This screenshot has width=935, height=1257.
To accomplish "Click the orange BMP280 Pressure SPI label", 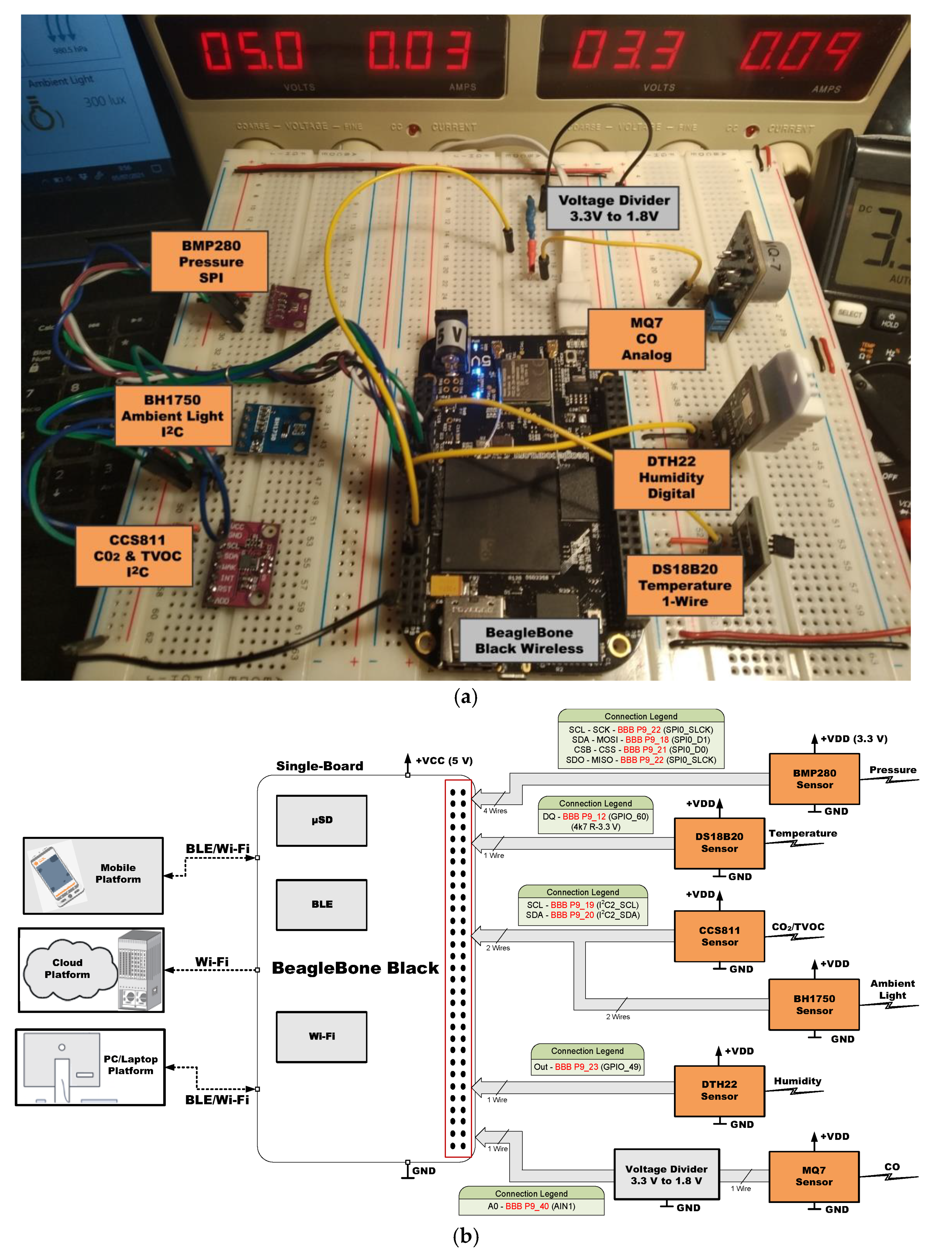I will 210,261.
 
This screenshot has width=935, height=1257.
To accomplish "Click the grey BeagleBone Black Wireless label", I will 529,640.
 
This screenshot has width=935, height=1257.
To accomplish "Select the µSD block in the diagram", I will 321,820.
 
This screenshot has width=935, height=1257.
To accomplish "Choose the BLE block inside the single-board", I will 321,904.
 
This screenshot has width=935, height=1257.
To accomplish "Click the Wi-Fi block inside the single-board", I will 321,1036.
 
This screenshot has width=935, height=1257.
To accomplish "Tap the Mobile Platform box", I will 94,875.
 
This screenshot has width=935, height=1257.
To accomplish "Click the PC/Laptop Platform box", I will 91,1066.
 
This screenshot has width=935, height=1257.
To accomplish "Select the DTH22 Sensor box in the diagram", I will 719,1090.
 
